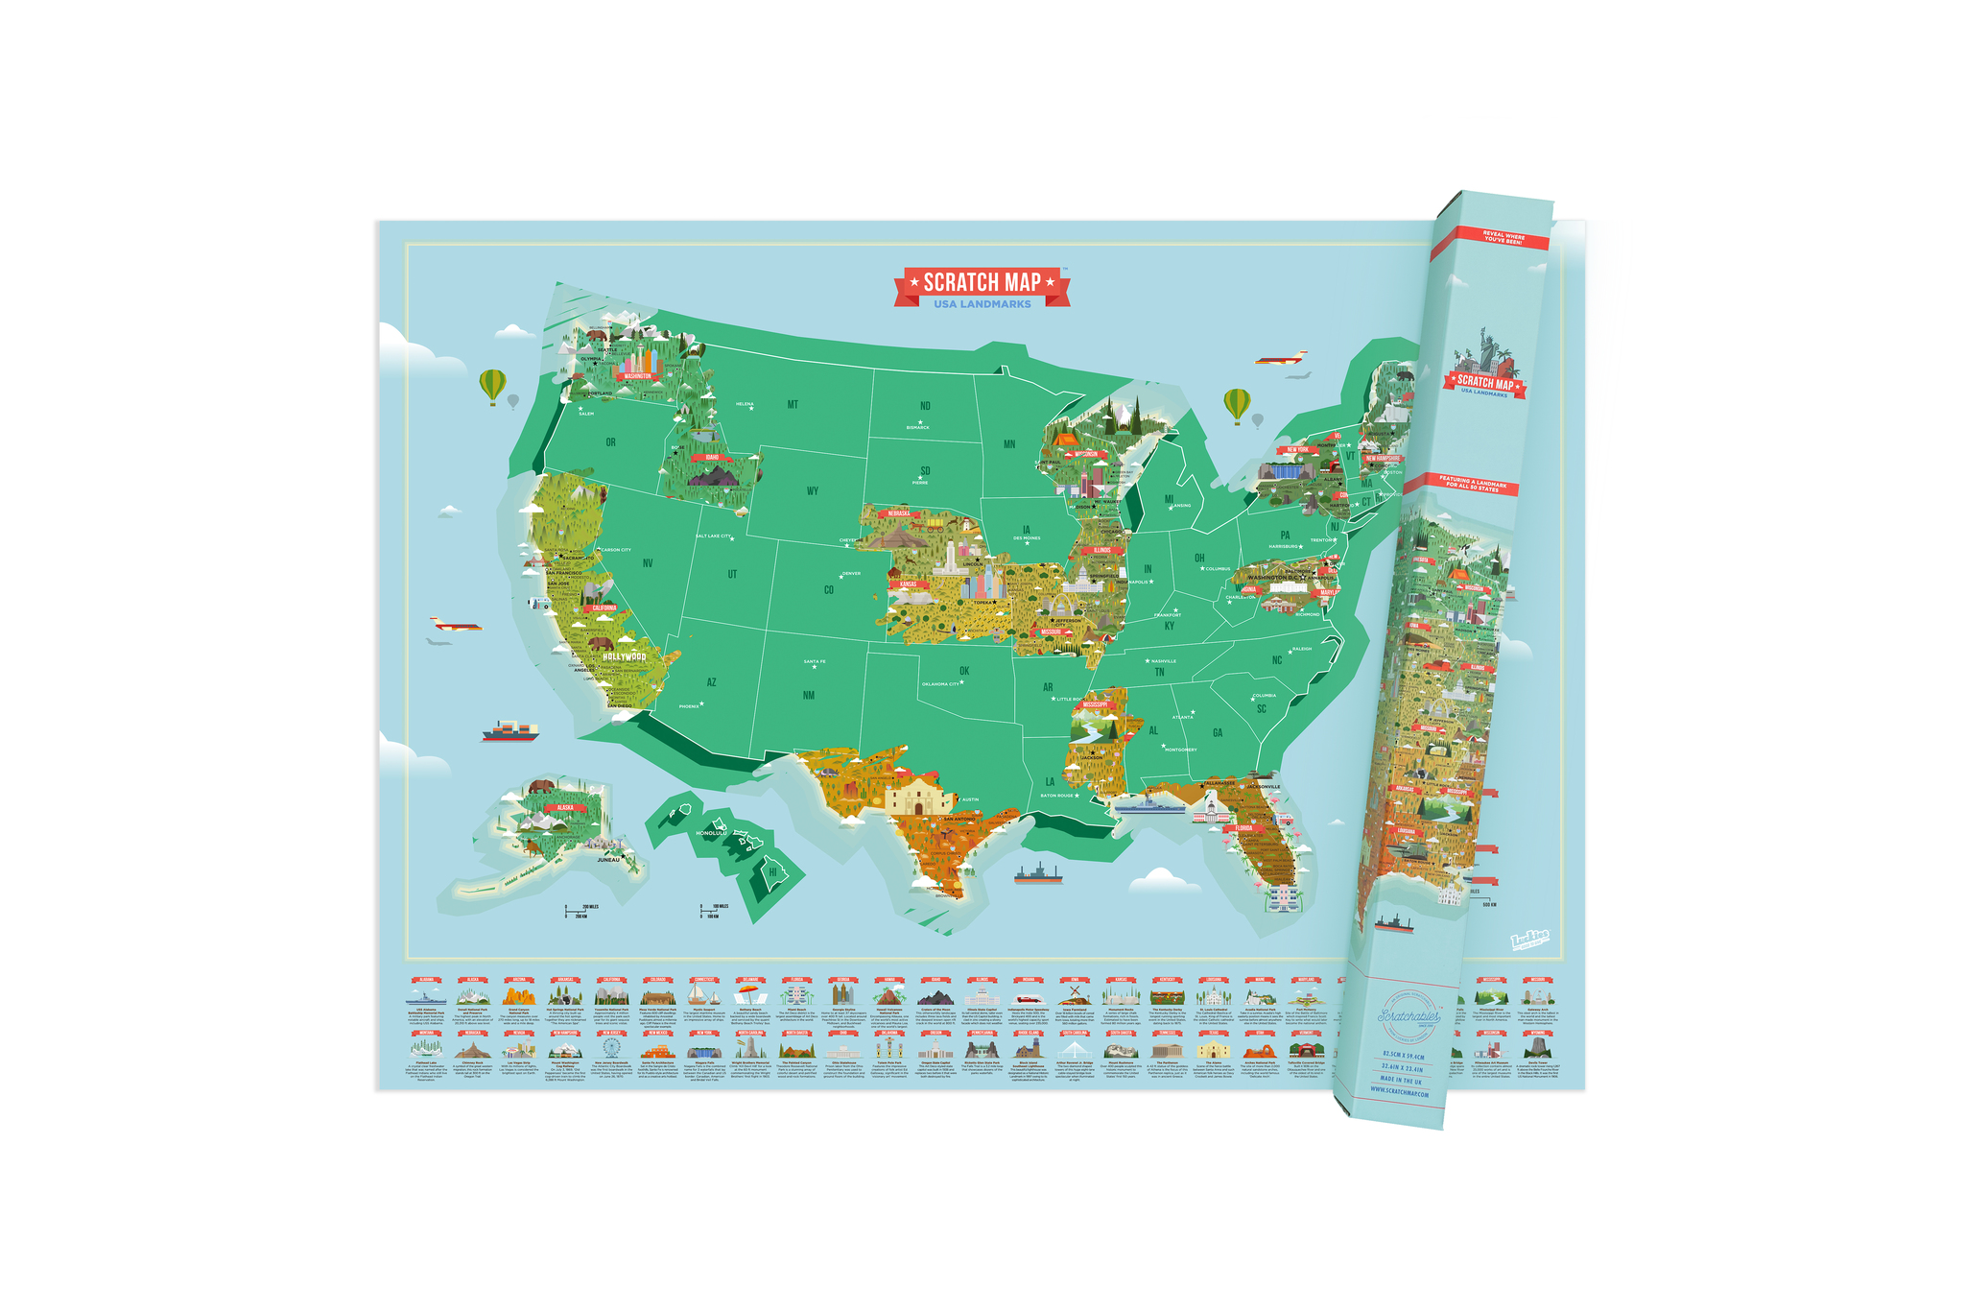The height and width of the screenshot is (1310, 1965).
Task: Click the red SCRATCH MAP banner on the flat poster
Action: click(x=982, y=282)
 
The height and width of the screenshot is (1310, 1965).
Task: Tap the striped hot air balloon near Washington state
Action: click(x=492, y=386)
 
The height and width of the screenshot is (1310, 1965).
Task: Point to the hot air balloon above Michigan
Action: click(x=1237, y=404)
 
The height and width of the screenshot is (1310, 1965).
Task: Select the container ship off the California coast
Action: click(x=510, y=731)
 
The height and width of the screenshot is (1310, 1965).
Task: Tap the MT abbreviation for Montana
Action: click(x=793, y=405)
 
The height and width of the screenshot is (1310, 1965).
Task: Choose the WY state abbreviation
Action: click(x=813, y=491)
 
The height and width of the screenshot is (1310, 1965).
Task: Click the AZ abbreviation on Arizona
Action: click(x=711, y=682)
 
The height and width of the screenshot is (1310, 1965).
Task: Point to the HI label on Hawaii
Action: click(x=772, y=872)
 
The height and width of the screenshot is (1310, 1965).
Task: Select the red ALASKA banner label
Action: click(x=558, y=808)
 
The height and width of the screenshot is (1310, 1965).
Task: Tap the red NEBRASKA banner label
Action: click(x=899, y=513)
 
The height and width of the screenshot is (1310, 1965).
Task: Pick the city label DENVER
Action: click(x=851, y=574)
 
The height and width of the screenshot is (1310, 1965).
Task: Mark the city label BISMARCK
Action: click(x=917, y=427)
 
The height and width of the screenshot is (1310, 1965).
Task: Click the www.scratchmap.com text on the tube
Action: click(x=1401, y=1093)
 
